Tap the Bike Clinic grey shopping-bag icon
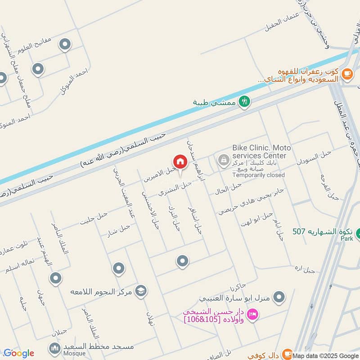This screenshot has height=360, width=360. (223, 160)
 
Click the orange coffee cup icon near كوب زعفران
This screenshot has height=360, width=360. (346, 73)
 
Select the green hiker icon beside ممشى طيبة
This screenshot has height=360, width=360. (244, 102)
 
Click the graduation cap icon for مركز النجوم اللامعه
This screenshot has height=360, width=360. (141, 291)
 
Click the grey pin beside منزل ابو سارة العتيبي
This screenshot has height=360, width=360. (279, 297)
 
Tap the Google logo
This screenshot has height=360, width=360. (19, 353)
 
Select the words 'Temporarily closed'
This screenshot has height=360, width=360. (258, 175)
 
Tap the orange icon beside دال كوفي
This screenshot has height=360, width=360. (288, 354)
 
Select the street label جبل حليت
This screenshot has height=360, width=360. (94, 218)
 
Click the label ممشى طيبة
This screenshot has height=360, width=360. (214, 103)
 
